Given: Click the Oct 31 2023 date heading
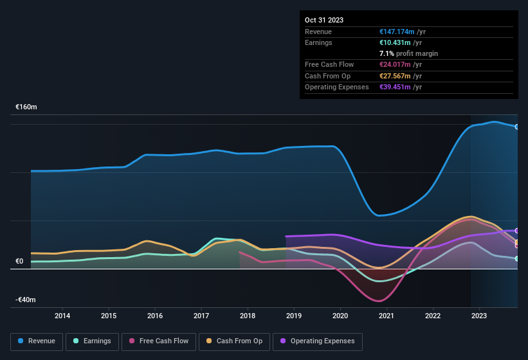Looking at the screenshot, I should [x=324, y=20].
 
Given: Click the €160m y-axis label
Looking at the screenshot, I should [x=26, y=107].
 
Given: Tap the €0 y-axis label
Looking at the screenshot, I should [x=19, y=262].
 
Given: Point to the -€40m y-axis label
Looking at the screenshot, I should [x=26, y=300].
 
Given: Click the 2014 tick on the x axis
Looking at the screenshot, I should [x=62, y=316].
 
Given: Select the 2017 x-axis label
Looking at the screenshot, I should [x=201, y=316].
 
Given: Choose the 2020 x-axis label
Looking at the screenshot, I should [x=340, y=316].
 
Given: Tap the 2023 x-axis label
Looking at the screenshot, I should [x=479, y=316].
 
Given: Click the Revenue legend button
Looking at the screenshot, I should [x=37, y=341].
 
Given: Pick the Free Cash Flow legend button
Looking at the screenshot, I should [x=159, y=341].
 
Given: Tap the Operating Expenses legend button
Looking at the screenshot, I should [x=318, y=341].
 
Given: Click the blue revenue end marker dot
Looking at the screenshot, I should [x=517, y=127].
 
